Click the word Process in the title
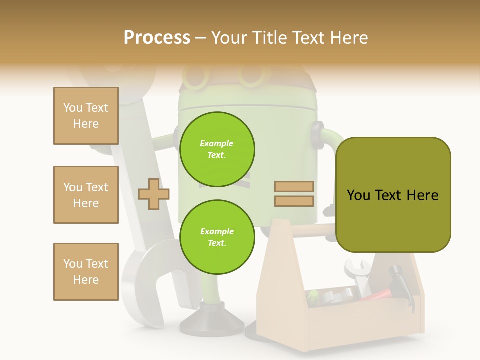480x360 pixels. pyautogui.click(x=157, y=38)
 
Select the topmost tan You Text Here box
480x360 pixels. pyautogui.click(x=86, y=116)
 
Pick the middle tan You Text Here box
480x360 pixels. pyautogui.click(x=86, y=195)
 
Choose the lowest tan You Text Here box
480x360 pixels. pyautogui.click(x=86, y=272)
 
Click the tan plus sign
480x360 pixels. pyautogui.click(x=153, y=194)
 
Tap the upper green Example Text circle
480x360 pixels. pyautogui.click(x=217, y=149)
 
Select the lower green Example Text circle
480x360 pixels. pyautogui.click(x=217, y=237)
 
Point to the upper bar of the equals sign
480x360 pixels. pyautogui.click(x=294, y=187)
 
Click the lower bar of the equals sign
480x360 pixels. pyautogui.click(x=294, y=201)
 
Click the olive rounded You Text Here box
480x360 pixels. pyautogui.click(x=393, y=195)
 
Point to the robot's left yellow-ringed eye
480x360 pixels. pyautogui.click(x=196, y=76)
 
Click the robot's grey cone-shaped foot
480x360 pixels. pyautogui.click(x=210, y=320)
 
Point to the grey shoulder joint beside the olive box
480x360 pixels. pyautogui.click(x=317, y=134)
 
